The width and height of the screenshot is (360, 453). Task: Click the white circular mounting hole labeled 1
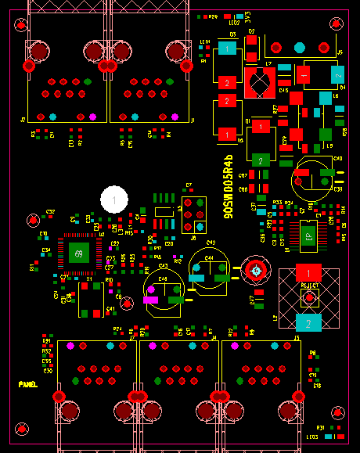[x=115, y=201]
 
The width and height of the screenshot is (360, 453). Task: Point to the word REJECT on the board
[x=310, y=286]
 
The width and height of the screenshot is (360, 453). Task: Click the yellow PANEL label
[x=28, y=384]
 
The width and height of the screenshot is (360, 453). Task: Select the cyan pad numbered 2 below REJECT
[x=309, y=322]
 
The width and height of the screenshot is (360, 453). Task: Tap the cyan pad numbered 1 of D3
[x=226, y=49]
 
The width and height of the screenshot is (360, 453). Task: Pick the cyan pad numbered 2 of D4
[x=337, y=74]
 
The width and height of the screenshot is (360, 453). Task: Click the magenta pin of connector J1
[x=175, y=117]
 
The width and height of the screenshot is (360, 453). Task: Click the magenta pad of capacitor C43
[x=151, y=298]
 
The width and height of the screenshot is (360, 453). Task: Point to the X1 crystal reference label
[x=89, y=279]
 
